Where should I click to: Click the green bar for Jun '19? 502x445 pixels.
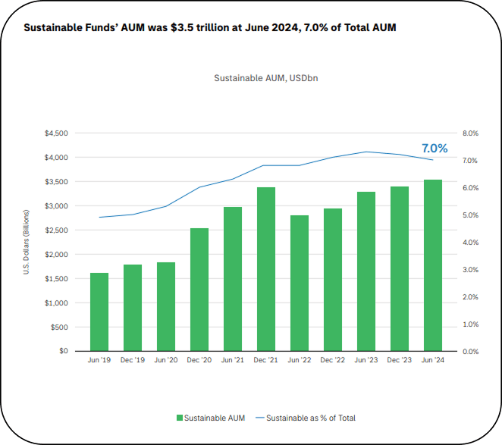(99, 312)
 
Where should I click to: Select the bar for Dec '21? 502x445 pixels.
(266, 269)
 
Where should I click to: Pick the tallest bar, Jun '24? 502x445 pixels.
(433, 265)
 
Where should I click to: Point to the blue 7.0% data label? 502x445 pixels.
(435, 148)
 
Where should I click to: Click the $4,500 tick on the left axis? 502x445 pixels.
(57, 133)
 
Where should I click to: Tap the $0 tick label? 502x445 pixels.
(63, 352)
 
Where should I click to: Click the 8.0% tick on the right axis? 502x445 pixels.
(469, 133)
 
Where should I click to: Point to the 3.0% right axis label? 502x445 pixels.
(469, 270)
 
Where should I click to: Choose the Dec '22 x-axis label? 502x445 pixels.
(333, 360)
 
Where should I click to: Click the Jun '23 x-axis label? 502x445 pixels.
(366, 360)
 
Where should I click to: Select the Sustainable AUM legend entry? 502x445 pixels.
(210, 418)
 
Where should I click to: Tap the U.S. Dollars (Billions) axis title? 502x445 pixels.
(27, 243)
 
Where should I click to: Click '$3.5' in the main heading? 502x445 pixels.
(181, 28)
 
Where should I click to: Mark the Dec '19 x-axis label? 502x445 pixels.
(133, 360)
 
